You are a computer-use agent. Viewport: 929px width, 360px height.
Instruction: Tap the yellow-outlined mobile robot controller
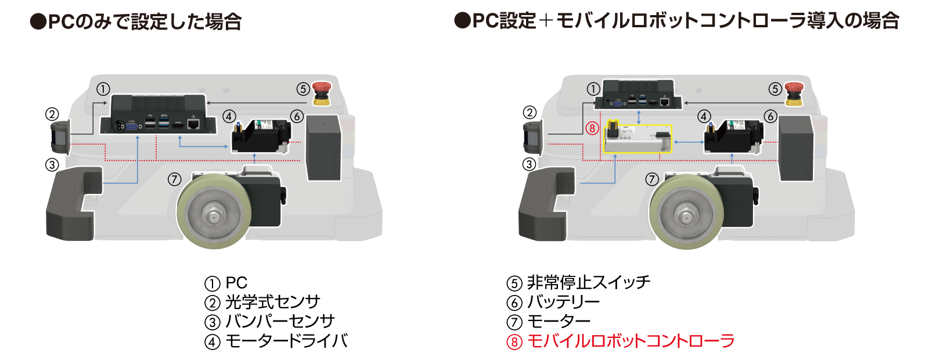click(637, 139)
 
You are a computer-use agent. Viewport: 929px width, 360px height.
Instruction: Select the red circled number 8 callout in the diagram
click(592, 128)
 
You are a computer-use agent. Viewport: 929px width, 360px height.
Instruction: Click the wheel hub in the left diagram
click(214, 215)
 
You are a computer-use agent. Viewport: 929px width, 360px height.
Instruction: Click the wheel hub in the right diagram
click(686, 215)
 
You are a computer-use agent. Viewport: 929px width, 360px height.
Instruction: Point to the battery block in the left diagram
click(323, 147)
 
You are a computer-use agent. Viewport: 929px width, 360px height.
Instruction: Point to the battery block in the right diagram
click(796, 148)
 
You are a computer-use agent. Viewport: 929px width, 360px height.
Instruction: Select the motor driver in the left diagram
click(261, 136)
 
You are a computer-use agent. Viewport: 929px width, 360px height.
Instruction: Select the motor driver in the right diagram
click(734, 136)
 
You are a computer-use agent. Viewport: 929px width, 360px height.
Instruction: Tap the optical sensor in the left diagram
click(60, 137)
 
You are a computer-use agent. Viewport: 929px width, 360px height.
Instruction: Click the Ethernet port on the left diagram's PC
click(193, 124)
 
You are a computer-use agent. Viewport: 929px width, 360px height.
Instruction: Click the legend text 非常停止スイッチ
click(589, 282)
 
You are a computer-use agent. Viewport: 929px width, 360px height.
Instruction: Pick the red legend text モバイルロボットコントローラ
click(631, 341)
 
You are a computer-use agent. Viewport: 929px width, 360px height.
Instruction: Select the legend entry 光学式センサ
click(272, 302)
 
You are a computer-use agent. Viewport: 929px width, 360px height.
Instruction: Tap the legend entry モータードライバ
click(286, 341)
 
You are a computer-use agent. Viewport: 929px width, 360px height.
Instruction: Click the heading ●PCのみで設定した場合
click(136, 21)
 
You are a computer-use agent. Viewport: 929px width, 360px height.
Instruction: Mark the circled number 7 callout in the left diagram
click(175, 179)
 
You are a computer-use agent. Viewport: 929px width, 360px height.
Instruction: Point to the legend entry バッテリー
click(563, 302)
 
